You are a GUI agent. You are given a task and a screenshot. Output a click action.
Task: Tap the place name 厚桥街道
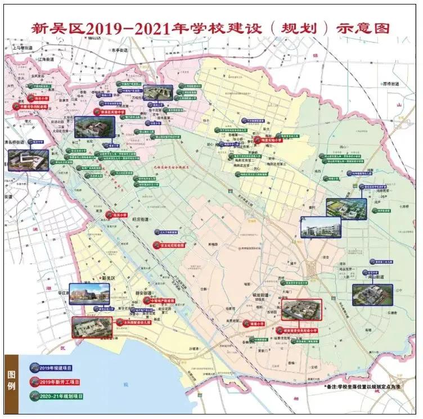click(390, 84)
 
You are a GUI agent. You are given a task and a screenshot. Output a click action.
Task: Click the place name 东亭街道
click(119, 50)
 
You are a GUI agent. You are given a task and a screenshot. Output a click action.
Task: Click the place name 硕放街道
click(262, 295)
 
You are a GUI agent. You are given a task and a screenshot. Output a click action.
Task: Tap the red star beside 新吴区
click(97, 278)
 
